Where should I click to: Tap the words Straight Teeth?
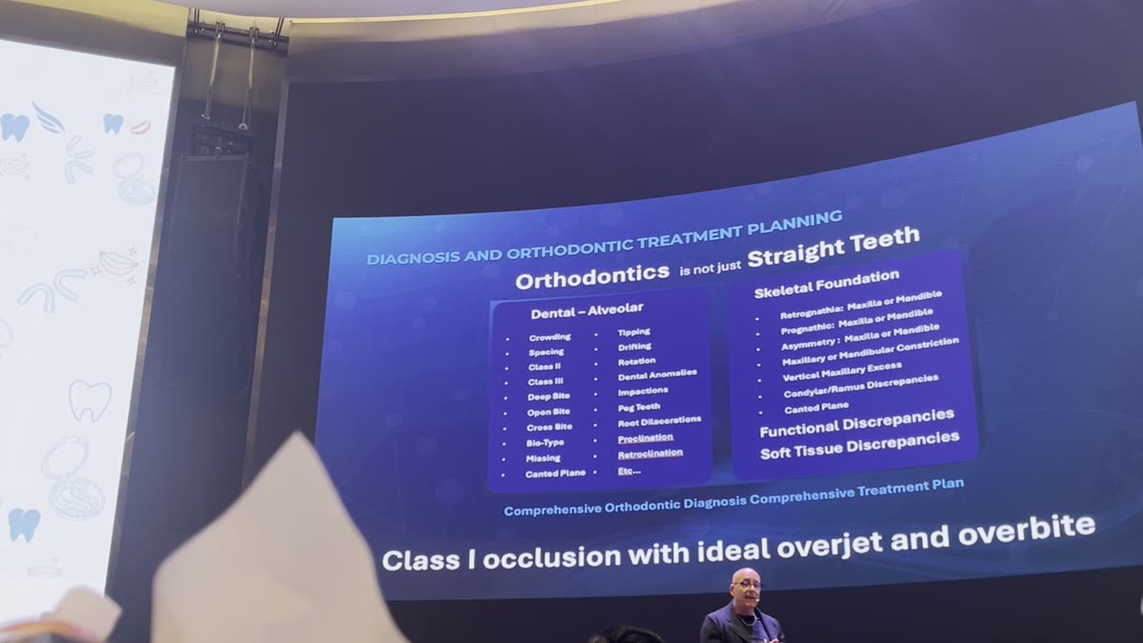coord(833,246)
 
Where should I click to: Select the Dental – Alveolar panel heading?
coord(587,310)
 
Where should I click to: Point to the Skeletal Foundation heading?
coord(826,283)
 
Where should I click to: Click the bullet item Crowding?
coord(550,337)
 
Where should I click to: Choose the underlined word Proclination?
coord(645,438)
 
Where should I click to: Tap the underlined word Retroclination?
coord(650,453)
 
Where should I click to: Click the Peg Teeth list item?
coord(638,407)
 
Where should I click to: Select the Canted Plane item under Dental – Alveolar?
coord(555,473)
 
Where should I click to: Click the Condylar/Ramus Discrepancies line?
coord(860,386)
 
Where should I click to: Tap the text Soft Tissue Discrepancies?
coord(859,445)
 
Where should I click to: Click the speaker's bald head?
coord(747,577)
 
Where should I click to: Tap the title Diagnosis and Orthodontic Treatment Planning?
coord(605,239)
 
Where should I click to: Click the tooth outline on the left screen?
coord(90,400)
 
